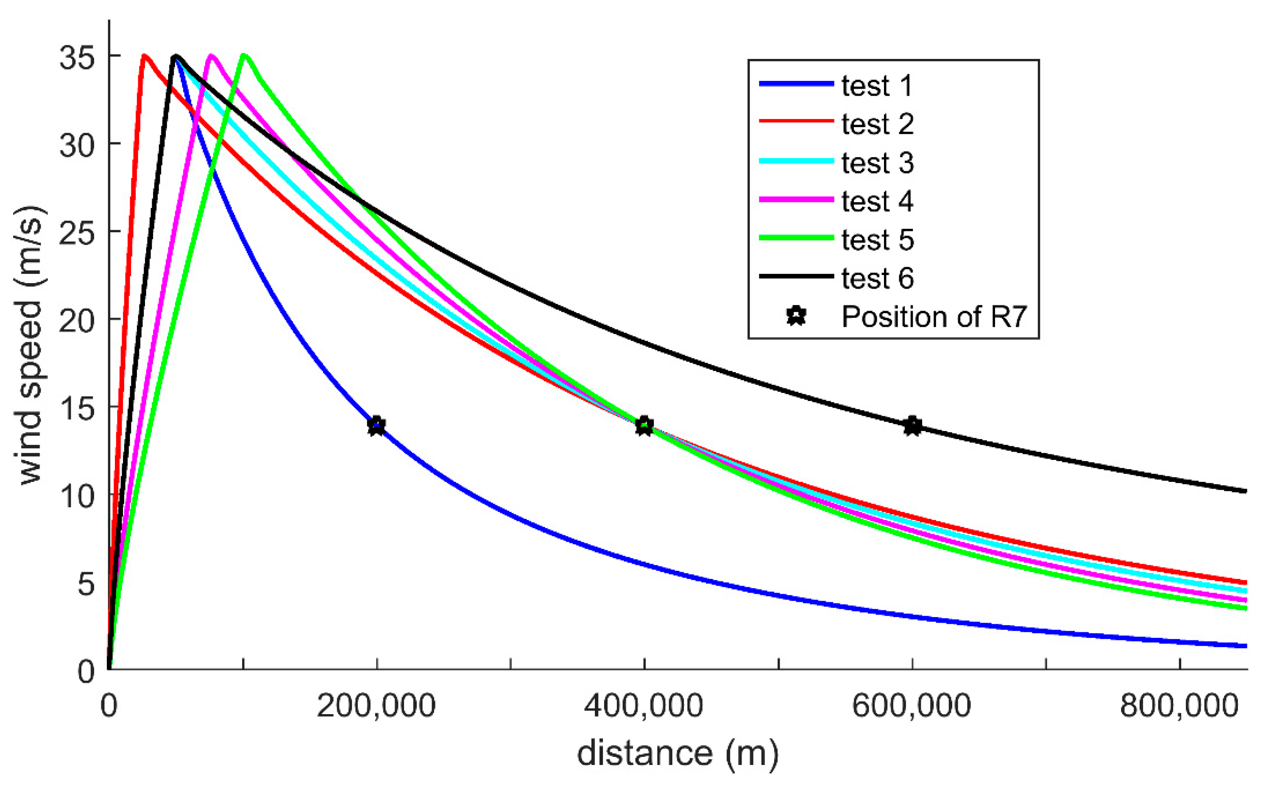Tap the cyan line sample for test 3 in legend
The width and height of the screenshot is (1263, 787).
coord(796,161)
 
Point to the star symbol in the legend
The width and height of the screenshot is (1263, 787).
coord(796,316)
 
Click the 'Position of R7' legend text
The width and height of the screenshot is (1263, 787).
coord(934,317)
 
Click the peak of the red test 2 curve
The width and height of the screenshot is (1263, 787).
coord(144,56)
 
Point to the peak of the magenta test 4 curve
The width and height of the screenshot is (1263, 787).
coord(211,55)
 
